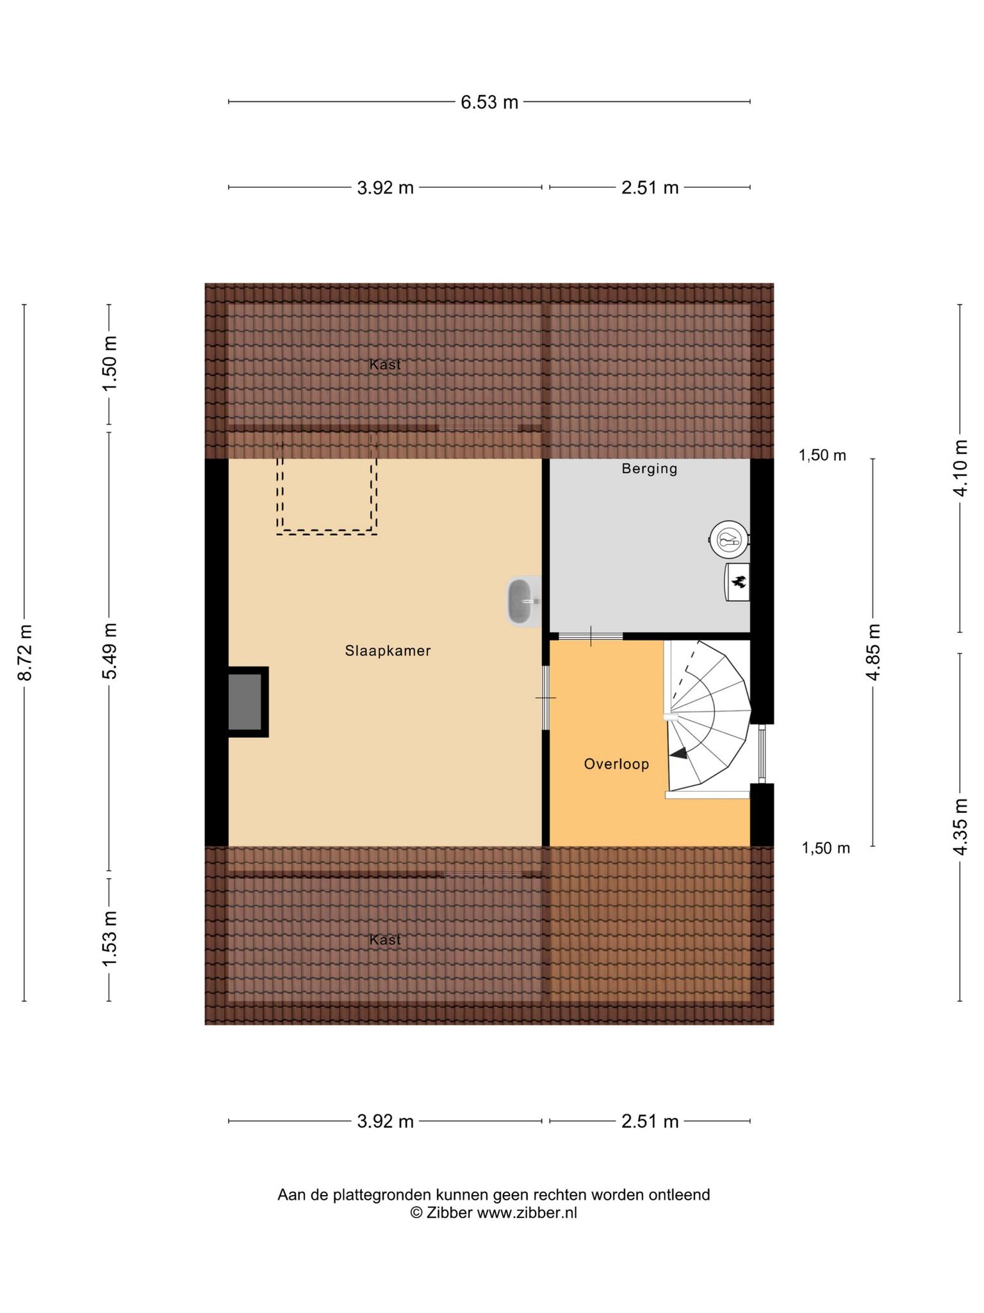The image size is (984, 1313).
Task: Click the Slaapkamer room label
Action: click(x=388, y=651)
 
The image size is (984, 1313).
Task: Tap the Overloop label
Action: click(x=616, y=764)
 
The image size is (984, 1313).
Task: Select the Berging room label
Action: click(x=649, y=469)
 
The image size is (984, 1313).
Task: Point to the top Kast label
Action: click(x=385, y=365)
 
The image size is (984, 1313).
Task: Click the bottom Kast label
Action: click(x=385, y=940)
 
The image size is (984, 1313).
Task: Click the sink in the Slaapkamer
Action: click(x=524, y=601)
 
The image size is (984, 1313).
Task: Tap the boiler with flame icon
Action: click(x=737, y=582)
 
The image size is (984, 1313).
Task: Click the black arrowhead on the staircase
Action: click(x=678, y=754)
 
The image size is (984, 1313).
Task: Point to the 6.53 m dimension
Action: click(x=489, y=102)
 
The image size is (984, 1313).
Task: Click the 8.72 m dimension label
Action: click(x=24, y=653)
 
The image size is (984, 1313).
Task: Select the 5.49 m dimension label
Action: click(x=110, y=651)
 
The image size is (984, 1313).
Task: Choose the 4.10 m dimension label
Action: click(x=960, y=468)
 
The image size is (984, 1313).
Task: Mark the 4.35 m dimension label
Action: click(x=960, y=827)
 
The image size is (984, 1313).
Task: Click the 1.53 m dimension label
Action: click(x=110, y=940)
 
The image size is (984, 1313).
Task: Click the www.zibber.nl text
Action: click(x=527, y=1212)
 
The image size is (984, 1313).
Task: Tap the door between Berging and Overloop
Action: click(x=591, y=636)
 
